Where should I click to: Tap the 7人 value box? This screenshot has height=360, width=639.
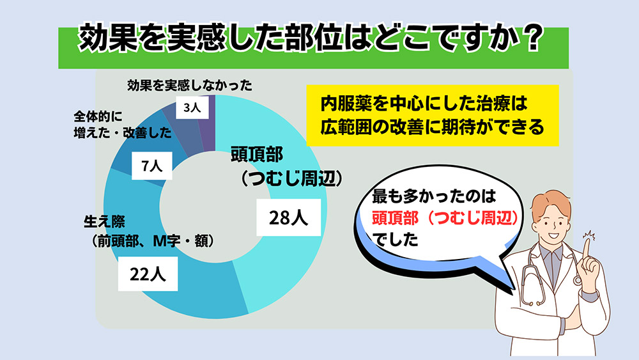pyautogui.click(x=153, y=167)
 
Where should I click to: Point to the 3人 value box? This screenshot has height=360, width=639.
pyautogui.click(x=192, y=109)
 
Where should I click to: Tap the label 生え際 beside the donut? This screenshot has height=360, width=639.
pyautogui.click(x=102, y=222)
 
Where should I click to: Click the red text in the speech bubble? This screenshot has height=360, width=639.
pyautogui.click(x=444, y=219)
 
